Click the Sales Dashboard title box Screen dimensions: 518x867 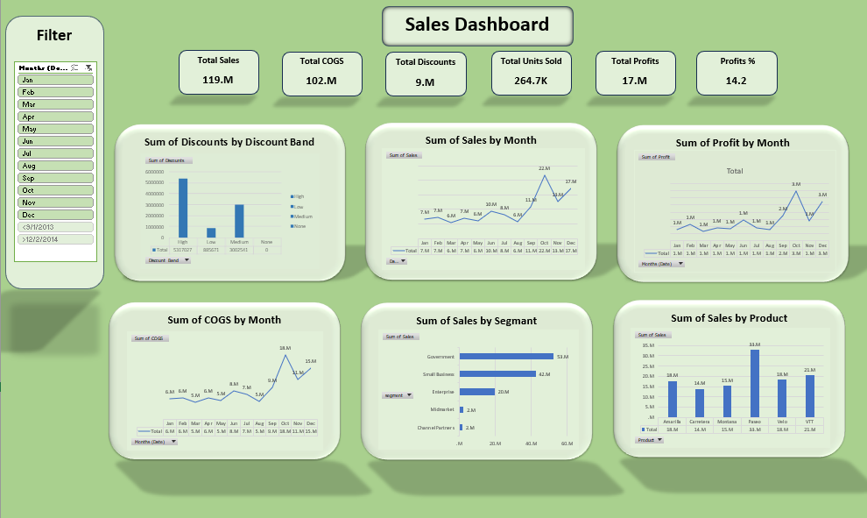click(477, 25)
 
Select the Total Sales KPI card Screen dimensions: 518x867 click(218, 71)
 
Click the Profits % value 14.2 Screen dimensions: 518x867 click(736, 81)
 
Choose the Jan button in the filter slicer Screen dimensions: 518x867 click(55, 80)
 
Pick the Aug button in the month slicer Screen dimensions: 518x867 click(55, 166)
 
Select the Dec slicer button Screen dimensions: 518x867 click(55, 215)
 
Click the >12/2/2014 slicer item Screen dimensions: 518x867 click(55, 239)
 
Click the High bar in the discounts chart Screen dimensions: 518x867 click(183, 208)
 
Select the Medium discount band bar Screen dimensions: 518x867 click(239, 221)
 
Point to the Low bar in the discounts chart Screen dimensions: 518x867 click(211, 232)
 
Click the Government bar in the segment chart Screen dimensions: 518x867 click(506, 357)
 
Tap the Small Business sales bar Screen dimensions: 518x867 click(497, 374)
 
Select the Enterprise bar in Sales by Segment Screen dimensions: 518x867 click(477, 392)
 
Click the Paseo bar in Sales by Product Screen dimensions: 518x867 click(755, 383)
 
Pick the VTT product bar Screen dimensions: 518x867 click(810, 395)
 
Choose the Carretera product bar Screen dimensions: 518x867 click(700, 402)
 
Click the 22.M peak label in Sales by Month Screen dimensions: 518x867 click(544, 168)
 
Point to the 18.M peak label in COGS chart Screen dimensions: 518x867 click(285, 348)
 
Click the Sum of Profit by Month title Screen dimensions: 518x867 click(732, 142)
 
